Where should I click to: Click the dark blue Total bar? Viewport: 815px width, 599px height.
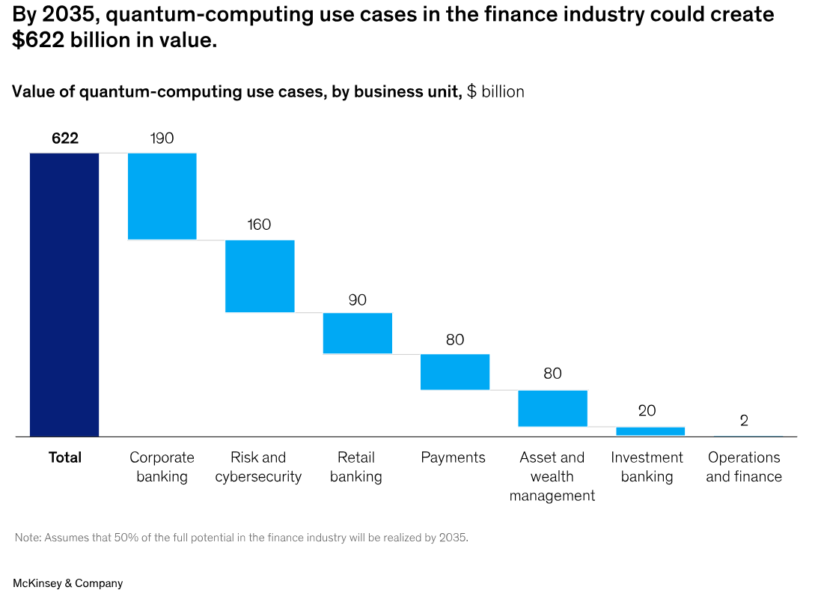(x=64, y=294)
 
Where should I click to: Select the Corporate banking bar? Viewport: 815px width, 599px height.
(x=162, y=196)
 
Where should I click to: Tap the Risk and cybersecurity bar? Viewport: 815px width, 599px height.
(x=260, y=276)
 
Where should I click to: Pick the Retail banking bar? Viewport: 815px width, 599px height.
(x=358, y=333)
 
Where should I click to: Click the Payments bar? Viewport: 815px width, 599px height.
(x=455, y=371)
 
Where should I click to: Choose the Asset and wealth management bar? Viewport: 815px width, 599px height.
(x=552, y=408)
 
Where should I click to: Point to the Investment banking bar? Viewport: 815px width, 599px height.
(x=650, y=431)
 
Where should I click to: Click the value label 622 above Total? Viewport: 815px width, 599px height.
(x=65, y=138)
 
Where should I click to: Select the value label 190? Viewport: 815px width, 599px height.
(x=162, y=138)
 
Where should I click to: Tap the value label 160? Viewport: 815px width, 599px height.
(x=259, y=225)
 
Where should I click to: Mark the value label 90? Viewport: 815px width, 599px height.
(x=358, y=299)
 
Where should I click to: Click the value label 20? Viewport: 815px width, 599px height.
(x=647, y=411)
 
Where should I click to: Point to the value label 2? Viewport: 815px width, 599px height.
(x=744, y=421)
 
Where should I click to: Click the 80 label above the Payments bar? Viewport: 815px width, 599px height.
(x=455, y=339)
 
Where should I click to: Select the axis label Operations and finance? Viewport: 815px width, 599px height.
(x=744, y=467)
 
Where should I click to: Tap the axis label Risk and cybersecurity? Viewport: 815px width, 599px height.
(x=258, y=467)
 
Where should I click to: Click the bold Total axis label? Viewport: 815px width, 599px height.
(x=65, y=457)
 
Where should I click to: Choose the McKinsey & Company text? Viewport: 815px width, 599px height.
(x=67, y=583)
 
